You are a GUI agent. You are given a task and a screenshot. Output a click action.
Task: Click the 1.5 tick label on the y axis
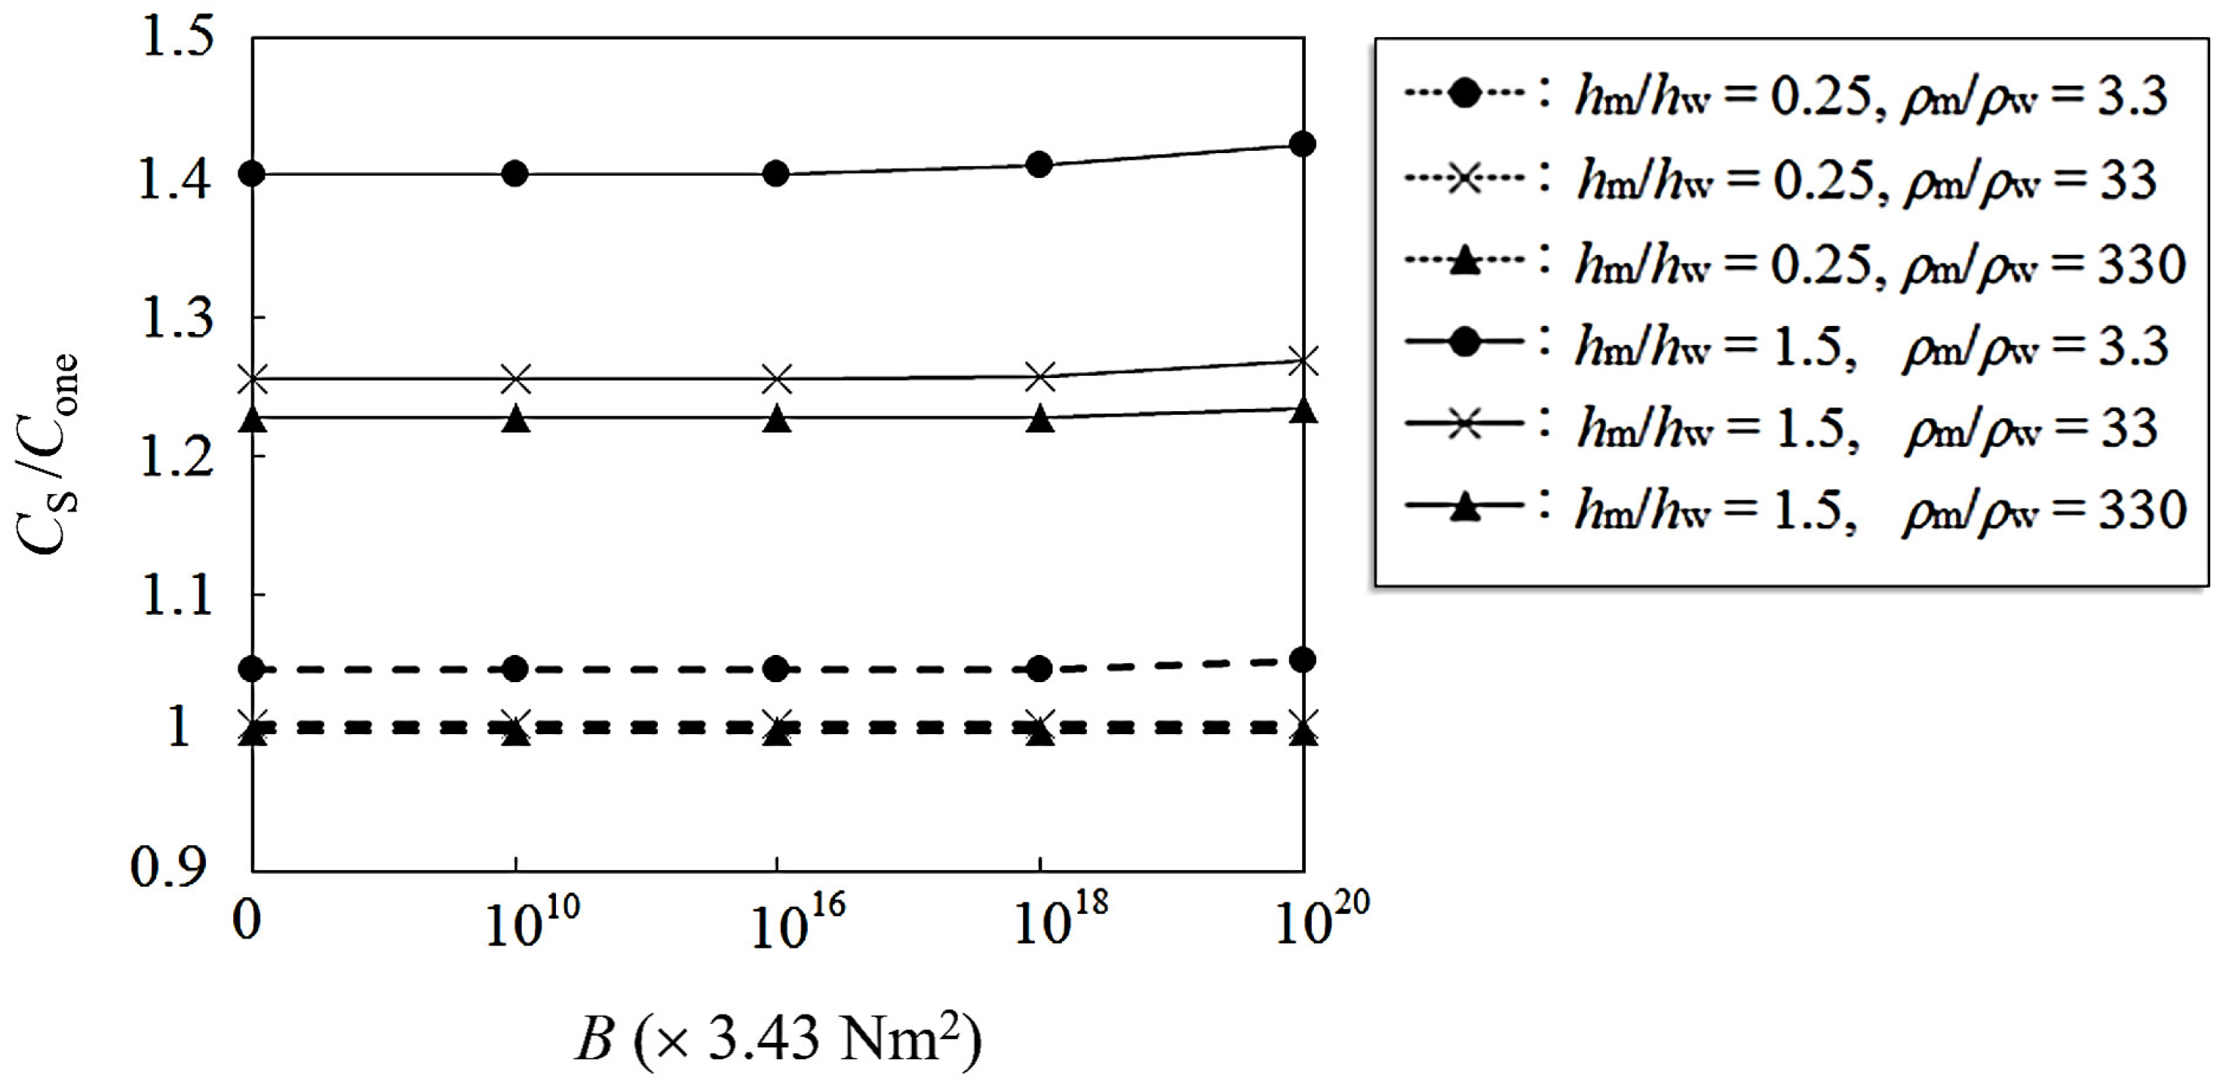pyautogui.click(x=176, y=38)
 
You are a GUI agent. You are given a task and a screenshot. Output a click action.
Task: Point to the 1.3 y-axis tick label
pyautogui.click(x=176, y=318)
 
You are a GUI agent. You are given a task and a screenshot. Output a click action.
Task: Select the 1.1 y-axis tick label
pyautogui.click(x=176, y=595)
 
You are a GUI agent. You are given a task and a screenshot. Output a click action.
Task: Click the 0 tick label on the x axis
pyautogui.click(x=247, y=921)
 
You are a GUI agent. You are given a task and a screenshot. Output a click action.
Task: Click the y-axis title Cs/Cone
pyautogui.click(x=48, y=454)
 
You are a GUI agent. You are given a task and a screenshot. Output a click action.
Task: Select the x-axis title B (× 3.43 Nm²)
pyautogui.click(x=778, y=1038)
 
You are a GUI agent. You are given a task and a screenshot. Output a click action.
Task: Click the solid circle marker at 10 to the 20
pyautogui.click(x=1303, y=144)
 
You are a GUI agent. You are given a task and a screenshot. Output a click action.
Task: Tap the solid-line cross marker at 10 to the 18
pyautogui.click(x=1040, y=377)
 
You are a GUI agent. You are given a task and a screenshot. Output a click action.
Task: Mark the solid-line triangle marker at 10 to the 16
pyautogui.click(x=778, y=419)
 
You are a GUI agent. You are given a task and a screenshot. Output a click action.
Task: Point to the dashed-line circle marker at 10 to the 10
pyautogui.click(x=514, y=669)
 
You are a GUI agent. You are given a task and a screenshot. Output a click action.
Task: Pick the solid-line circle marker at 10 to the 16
pyautogui.click(x=776, y=174)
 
